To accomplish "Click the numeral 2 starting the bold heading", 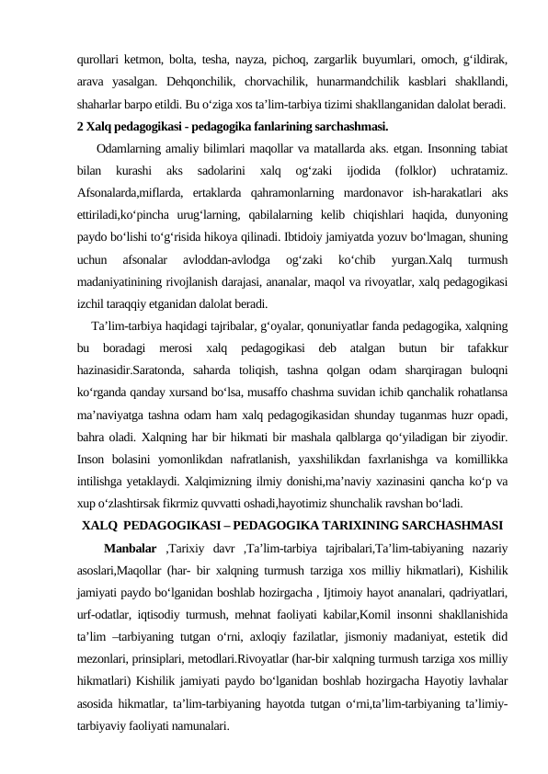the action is coord(82,127).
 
